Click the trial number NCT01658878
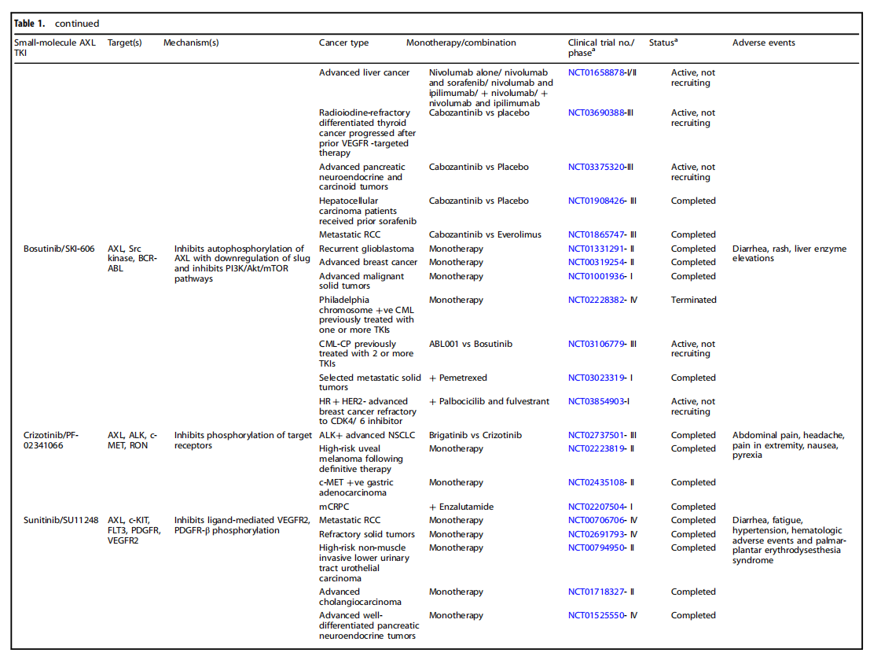click(595, 72)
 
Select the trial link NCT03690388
click(595, 112)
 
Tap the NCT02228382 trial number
click(595, 300)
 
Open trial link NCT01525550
click(595, 615)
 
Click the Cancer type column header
click(343, 42)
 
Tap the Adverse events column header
click(763, 42)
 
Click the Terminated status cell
click(693, 300)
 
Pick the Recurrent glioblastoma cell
click(362, 249)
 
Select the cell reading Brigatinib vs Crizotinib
click(475, 435)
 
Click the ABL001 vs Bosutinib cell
click(471, 344)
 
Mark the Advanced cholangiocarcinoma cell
click(360, 596)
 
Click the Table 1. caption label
click(30, 24)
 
